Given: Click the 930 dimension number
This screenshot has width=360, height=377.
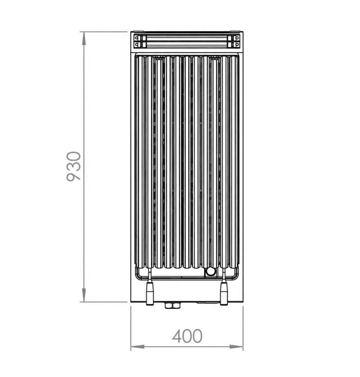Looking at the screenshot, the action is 74,166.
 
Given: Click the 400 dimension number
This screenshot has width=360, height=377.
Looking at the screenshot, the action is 187,336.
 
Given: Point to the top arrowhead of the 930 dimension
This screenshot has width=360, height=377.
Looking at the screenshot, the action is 84,38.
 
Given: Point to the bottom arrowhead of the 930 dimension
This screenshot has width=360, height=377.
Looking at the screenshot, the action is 84,295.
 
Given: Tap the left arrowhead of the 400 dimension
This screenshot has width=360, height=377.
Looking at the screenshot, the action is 138,346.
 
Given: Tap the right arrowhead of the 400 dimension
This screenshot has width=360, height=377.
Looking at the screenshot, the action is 236,346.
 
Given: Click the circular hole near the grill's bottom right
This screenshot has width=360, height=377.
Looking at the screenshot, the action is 211,272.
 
